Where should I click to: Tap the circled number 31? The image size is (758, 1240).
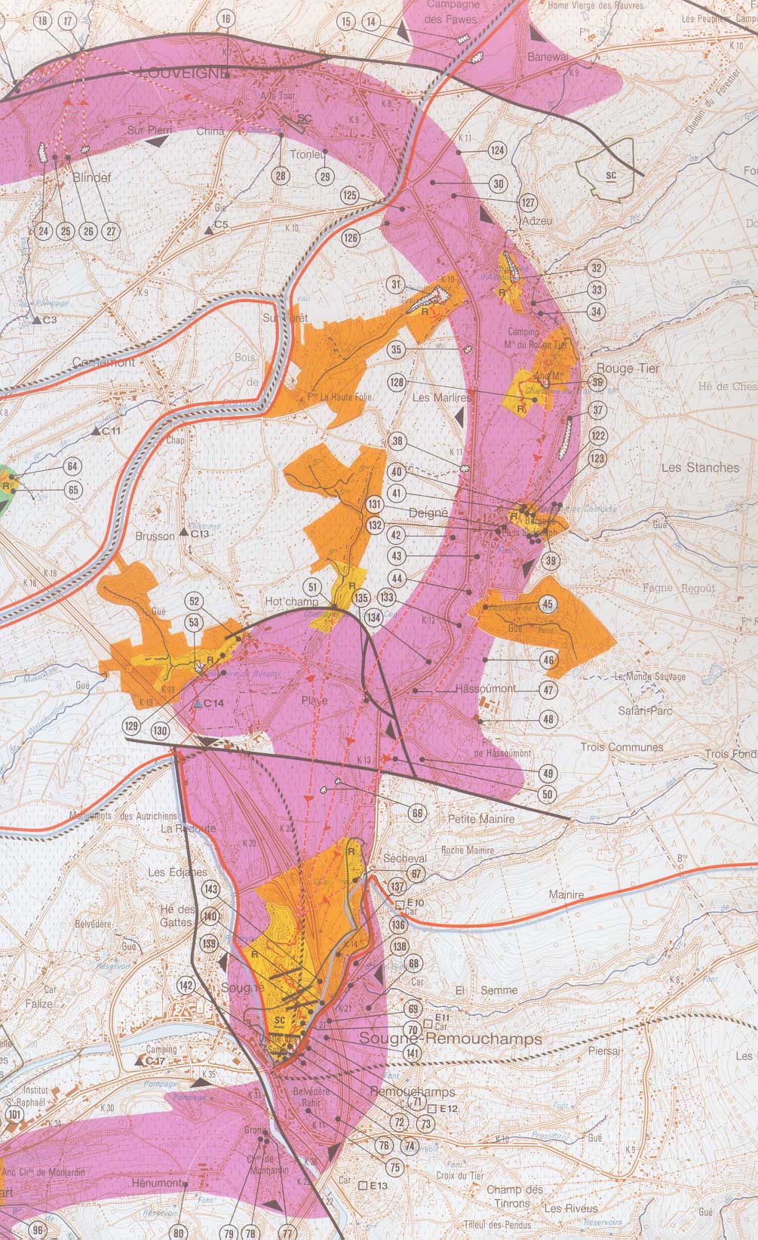[x=395, y=285]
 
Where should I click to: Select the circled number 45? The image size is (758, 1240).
[x=548, y=604]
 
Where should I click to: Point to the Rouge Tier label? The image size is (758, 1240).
[x=628, y=368]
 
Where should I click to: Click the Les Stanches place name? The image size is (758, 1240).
[x=700, y=467]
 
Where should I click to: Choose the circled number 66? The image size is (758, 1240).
[x=417, y=813]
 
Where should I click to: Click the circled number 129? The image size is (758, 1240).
[x=133, y=725]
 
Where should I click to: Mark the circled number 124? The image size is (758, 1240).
[x=496, y=150]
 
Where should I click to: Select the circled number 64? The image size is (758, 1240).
[x=73, y=466]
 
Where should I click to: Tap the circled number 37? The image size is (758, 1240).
[x=598, y=411]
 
